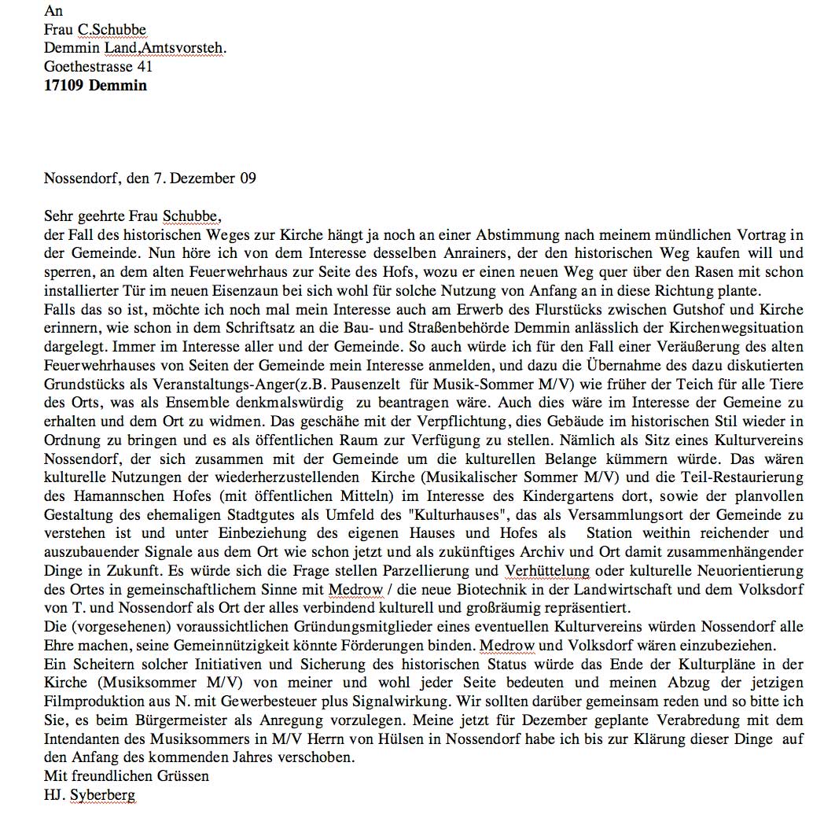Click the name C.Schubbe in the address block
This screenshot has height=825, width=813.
112,30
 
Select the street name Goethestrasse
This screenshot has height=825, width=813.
89,67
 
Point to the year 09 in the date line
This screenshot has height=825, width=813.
247,178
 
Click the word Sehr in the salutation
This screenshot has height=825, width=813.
57,215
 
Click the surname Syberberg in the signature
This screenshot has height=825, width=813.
102,795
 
